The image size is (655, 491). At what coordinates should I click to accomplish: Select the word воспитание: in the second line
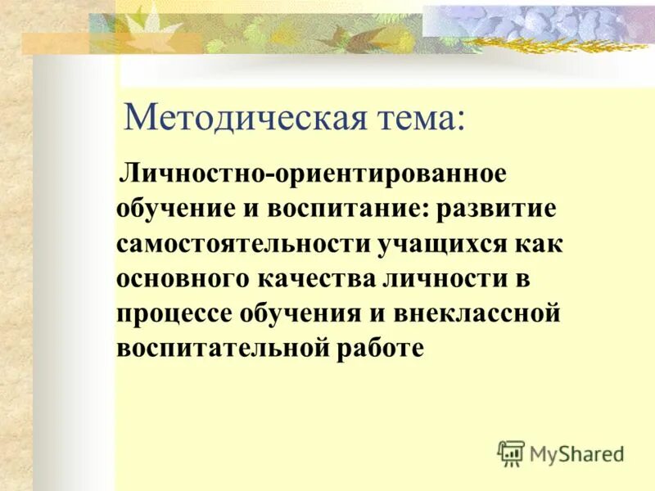click(349, 209)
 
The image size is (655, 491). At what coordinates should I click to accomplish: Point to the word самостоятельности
click(244, 244)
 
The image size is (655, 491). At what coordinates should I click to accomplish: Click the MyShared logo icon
click(511, 452)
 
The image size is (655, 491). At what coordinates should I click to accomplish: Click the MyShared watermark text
click(576, 453)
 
